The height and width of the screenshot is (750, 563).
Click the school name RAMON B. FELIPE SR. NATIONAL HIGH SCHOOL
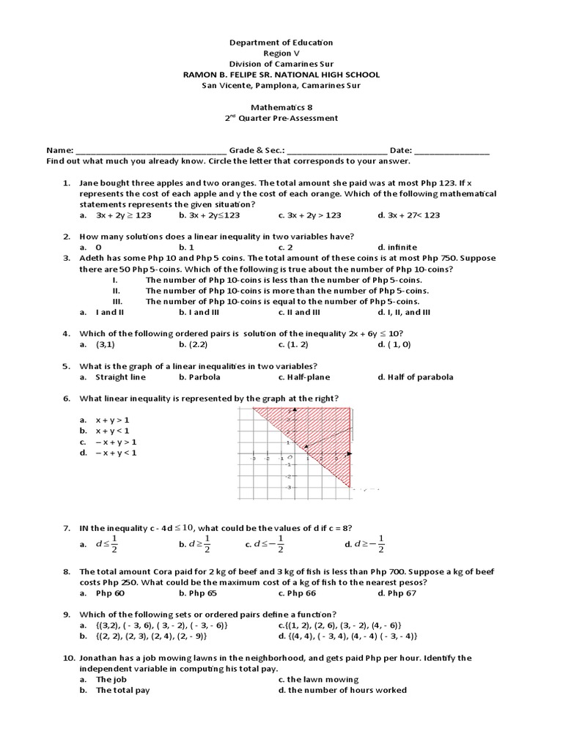[x=281, y=75]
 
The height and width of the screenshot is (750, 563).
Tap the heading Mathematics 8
[x=281, y=107]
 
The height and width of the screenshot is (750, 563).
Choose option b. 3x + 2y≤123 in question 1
[x=209, y=215]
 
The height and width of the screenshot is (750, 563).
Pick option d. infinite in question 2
[x=397, y=248]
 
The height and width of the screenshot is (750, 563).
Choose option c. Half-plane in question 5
[x=304, y=377]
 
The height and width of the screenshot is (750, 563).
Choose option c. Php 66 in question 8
[x=301, y=593]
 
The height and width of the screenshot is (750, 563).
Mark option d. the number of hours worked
[x=342, y=690]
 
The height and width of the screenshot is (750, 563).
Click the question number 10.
[x=67, y=658]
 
